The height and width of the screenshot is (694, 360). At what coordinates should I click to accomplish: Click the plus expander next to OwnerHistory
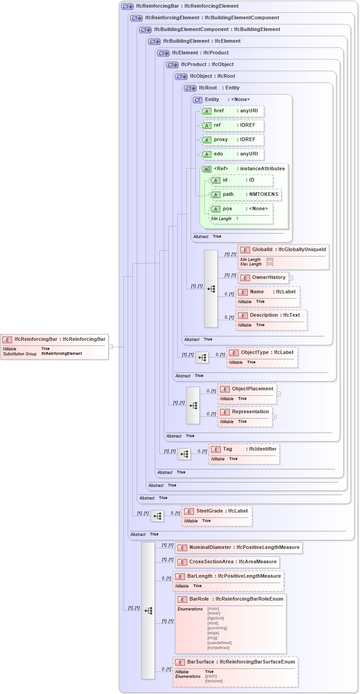click(291, 278)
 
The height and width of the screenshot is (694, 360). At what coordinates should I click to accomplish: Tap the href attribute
click(232, 111)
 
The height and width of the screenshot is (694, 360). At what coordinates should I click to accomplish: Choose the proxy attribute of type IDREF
click(232, 140)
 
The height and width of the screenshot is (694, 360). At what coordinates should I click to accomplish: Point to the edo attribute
click(232, 154)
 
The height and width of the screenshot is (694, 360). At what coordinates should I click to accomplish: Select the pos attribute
click(241, 209)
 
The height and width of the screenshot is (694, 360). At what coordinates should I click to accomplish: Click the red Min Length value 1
click(237, 219)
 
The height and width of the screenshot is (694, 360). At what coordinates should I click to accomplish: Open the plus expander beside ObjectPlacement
click(279, 394)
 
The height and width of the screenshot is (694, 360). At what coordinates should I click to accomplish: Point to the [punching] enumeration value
click(217, 628)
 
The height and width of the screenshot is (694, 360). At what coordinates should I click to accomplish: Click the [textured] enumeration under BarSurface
click(214, 681)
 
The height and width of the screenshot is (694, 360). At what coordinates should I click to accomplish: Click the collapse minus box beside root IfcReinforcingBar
click(110, 347)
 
